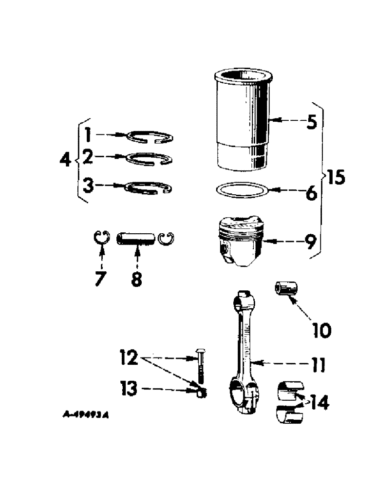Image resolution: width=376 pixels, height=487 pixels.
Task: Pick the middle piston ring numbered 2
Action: (148, 158)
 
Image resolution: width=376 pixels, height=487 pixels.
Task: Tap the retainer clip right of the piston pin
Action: (167, 239)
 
